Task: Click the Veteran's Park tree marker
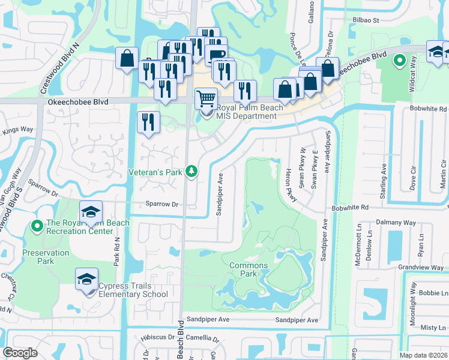[x=191, y=172]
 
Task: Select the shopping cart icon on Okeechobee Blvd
[x=206, y=97]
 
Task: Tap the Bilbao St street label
[x=369, y=20]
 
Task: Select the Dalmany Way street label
[x=396, y=222]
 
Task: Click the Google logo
[x=20, y=353]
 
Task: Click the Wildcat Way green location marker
[x=399, y=60]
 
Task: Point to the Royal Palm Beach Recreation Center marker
[x=37, y=226]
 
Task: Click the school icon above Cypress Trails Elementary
[x=86, y=279]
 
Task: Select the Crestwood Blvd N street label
[x=60, y=67]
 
